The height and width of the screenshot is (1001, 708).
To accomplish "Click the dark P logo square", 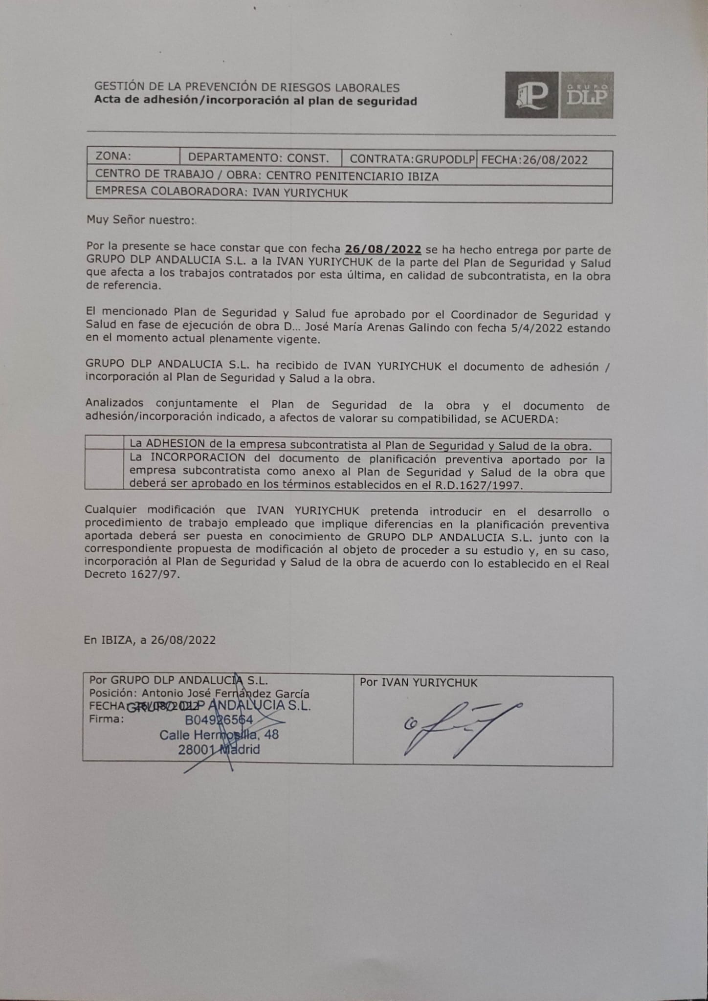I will pos(531,95).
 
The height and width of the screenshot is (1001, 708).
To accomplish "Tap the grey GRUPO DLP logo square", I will pos(586,95).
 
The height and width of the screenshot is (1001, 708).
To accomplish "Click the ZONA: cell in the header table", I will pos(133,157).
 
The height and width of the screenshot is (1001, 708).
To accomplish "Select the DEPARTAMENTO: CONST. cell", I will pos(258,158).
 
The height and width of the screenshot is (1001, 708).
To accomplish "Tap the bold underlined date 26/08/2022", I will pos(383,249).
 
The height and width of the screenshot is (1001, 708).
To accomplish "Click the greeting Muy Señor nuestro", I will pos(140,220).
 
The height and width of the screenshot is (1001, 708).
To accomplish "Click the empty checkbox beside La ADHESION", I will pos(104,443).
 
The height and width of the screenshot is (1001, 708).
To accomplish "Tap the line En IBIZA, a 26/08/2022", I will pos(150,640).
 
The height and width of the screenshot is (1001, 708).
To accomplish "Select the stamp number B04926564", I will pos(219,719).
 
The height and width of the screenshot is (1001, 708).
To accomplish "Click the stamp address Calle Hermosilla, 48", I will pos(219,735).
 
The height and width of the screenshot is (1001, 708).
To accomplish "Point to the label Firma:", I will pos(107,719).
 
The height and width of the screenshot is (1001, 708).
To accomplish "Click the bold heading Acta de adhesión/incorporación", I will pos(255,101).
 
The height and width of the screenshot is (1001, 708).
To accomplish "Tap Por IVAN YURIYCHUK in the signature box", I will pos(419,683).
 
